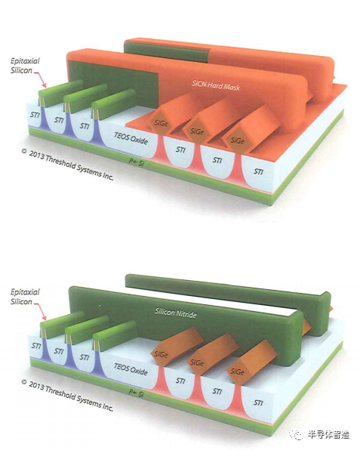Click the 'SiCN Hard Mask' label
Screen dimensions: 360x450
pos(216,85)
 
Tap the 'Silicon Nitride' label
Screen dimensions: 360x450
pos(176,313)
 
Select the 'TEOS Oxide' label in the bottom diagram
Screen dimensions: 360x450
pos(131,369)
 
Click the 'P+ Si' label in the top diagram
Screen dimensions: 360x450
pos(136,162)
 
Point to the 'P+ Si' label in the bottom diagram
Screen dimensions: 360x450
pos(136,393)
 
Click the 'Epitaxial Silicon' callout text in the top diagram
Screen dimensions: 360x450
pos(25,66)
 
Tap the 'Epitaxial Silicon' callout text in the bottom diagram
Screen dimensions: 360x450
pos(25,297)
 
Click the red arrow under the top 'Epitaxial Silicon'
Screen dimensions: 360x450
pos(41,79)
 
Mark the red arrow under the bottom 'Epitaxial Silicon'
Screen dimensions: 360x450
pos(41,310)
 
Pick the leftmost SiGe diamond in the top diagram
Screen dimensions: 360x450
pos(161,123)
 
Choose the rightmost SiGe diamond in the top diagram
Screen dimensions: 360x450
pos(237,140)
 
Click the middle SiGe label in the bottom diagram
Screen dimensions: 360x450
pos(197,362)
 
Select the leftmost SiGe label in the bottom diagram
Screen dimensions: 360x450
pos(161,354)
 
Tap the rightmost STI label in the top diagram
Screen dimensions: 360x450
pos(258,171)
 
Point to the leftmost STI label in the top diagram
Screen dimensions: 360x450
pos(35,115)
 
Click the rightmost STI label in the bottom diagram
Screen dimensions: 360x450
pos(258,402)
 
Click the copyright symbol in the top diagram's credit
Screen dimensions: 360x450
pos(24,151)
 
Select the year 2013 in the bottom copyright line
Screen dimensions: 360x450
pos(36,385)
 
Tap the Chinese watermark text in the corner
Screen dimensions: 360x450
pos(329,434)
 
